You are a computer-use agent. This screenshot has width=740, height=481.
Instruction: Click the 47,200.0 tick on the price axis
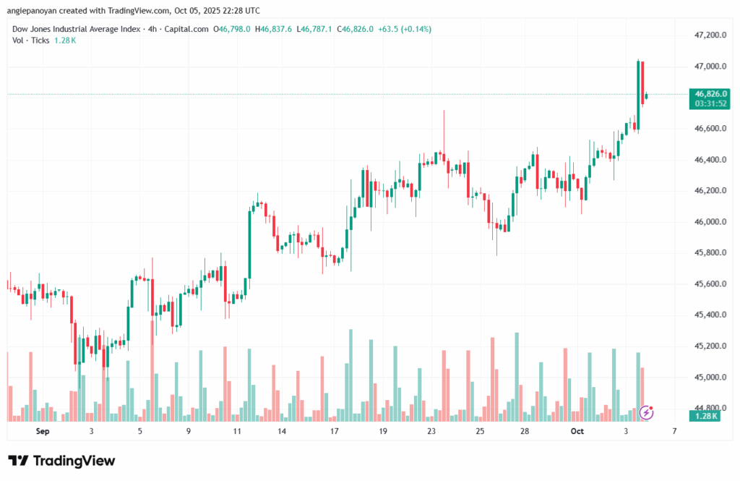[x=710, y=35]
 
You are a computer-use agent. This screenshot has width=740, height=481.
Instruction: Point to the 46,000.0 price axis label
[x=710, y=222]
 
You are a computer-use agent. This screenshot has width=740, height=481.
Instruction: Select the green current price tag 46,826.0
[x=710, y=93]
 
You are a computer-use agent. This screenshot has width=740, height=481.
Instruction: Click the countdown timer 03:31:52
[x=710, y=103]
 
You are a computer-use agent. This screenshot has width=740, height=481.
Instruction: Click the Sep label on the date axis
[x=43, y=431]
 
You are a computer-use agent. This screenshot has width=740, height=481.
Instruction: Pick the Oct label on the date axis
[x=577, y=431]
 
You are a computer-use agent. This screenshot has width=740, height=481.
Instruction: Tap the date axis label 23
[x=431, y=431]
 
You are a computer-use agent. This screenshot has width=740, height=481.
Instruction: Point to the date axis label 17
[x=335, y=431]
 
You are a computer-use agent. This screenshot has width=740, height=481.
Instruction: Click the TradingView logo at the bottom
[x=61, y=461]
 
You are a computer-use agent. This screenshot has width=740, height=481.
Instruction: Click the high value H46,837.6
[x=277, y=29]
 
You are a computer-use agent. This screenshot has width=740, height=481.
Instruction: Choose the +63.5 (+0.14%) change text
[x=406, y=29]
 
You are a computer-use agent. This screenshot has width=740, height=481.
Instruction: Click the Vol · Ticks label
[x=30, y=41]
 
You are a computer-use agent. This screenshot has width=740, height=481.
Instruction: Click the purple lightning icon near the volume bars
[x=647, y=412]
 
